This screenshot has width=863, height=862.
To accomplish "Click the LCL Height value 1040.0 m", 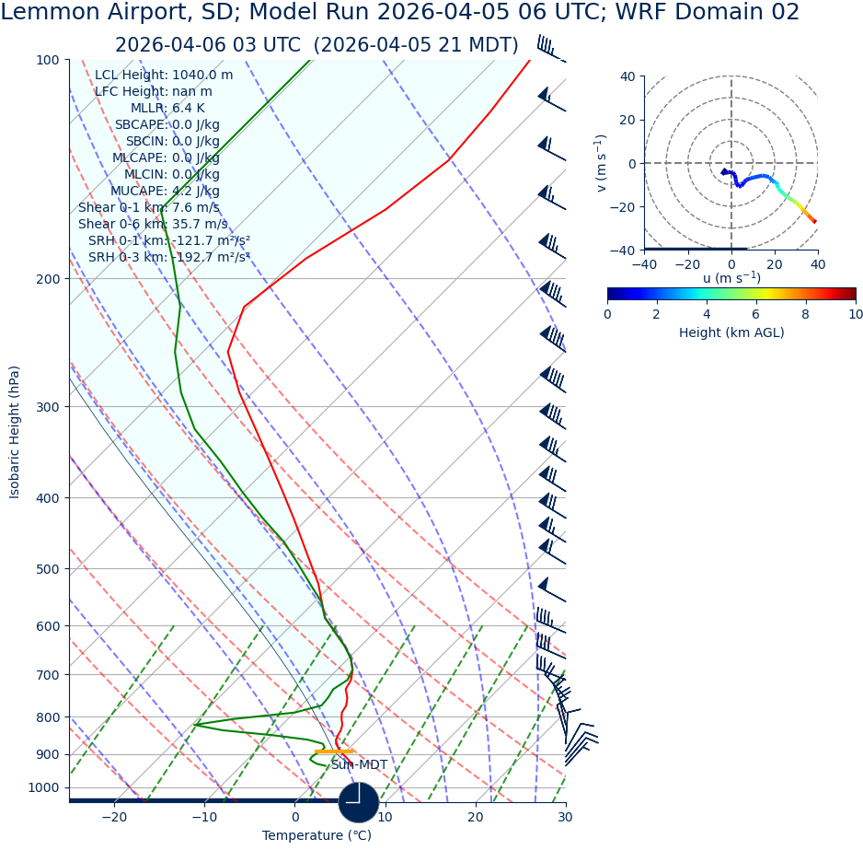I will [x=202, y=75].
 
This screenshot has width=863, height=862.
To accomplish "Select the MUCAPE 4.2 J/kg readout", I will [x=165, y=191].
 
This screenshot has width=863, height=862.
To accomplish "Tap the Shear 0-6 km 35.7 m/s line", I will [x=153, y=224].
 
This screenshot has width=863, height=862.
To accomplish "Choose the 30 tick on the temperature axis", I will [x=565, y=817].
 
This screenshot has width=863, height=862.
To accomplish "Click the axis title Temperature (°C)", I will [x=316, y=836].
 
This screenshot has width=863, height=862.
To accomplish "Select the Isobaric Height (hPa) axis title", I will [x=15, y=432].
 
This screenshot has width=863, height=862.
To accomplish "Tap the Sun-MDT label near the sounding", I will [x=359, y=765].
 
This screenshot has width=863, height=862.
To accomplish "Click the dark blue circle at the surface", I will [x=359, y=802].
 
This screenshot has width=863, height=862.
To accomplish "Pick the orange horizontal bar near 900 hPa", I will [x=333, y=751].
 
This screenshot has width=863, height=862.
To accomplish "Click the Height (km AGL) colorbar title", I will [x=731, y=332].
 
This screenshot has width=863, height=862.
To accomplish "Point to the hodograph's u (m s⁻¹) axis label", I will [x=731, y=278].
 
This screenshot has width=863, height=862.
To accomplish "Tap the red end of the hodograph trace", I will [x=814, y=221].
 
